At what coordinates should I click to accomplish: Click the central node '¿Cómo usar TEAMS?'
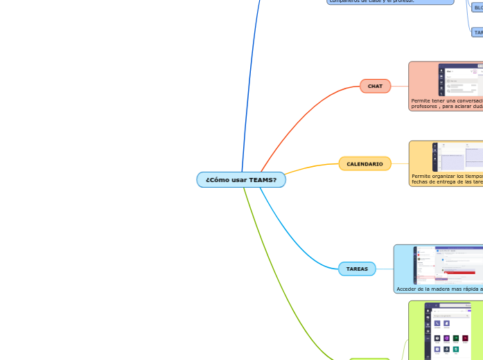(240, 180)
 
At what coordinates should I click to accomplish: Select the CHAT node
(375, 86)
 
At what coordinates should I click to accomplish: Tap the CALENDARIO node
(365, 164)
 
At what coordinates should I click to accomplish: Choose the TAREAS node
(357, 269)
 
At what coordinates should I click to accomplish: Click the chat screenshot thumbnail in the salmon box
(461, 80)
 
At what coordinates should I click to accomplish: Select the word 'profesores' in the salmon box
(424, 107)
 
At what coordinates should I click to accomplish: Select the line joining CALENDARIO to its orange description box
(400, 164)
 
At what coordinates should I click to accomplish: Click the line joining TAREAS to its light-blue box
(385, 269)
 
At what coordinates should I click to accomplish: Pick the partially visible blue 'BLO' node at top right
(477, 7)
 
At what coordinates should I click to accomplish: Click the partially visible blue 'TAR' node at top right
(477, 32)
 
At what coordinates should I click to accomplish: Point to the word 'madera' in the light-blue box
(436, 289)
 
